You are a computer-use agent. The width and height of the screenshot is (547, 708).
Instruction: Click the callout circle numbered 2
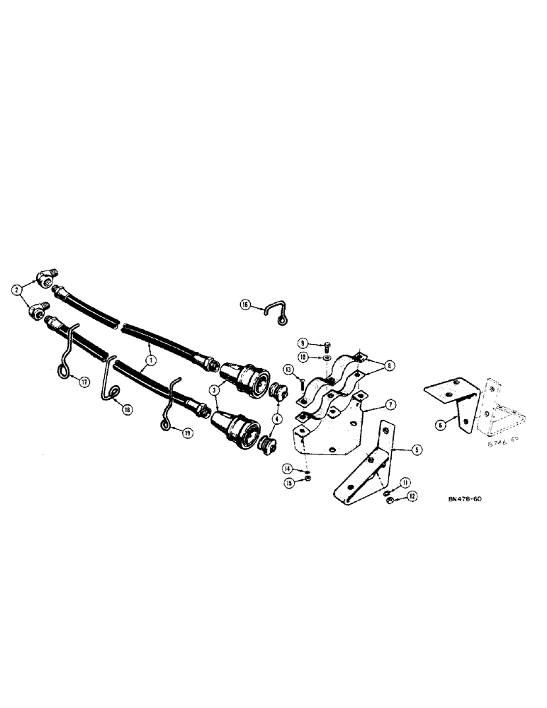click(15, 288)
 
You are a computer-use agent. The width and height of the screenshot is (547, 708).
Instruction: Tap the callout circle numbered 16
click(245, 304)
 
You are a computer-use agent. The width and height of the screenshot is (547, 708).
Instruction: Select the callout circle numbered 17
click(84, 383)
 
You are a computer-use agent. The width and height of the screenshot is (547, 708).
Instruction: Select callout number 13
click(290, 369)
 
